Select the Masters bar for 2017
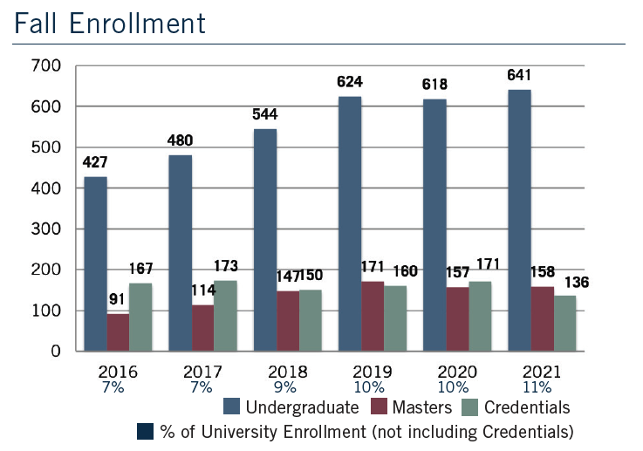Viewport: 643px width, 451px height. tap(202, 328)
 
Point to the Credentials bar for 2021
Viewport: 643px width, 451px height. tap(565, 323)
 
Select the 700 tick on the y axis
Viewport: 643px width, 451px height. tap(47, 65)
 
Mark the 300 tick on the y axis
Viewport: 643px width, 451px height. tap(47, 229)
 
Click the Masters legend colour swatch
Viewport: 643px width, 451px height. tap(380, 407)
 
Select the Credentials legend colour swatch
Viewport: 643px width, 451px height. tap(471, 407)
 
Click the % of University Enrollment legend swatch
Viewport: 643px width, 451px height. tap(146, 431)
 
